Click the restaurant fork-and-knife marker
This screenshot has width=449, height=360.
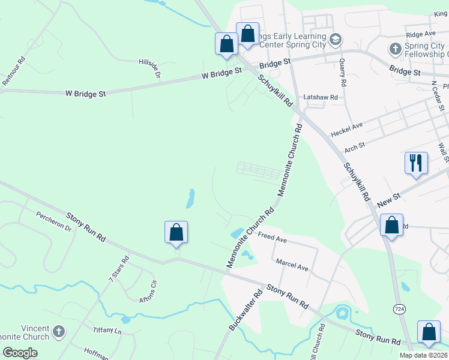tap(416, 163)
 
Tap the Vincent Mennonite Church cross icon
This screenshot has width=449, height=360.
tap(59, 331)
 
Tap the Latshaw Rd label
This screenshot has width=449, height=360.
tap(321, 97)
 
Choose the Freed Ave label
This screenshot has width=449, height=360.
tap(273, 237)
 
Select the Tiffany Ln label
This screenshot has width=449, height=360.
tap(107, 331)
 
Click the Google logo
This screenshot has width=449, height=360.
tap(20, 353)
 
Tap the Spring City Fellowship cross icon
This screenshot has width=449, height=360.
tap(396, 48)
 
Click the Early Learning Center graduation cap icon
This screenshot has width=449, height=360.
tap(336, 40)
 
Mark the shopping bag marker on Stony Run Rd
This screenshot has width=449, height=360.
tap(176, 231)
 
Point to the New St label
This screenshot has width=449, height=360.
tap(390, 199)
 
